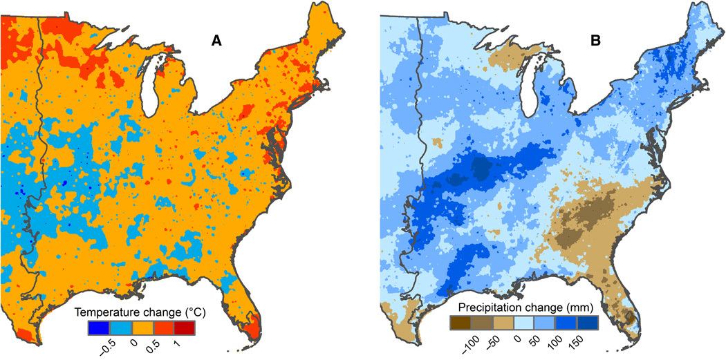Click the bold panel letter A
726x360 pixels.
click(216, 41)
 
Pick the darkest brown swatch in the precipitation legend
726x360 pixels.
click(460, 321)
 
